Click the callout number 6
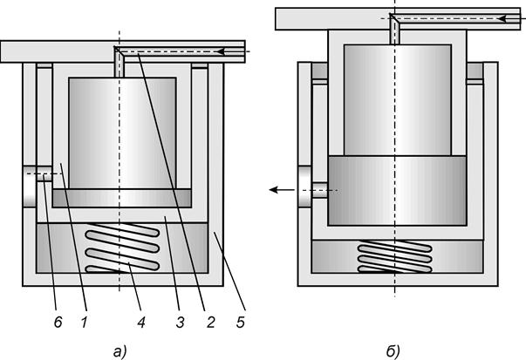(58, 323)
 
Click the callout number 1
(85, 323)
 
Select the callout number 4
(141, 323)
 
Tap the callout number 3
(181, 323)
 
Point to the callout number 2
(210, 323)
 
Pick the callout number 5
(241, 323)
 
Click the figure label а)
(120, 352)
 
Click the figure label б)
(393, 352)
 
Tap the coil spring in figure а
(122, 248)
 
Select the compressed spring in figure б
(395, 256)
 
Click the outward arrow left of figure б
(282, 190)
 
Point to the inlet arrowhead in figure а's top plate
(221, 51)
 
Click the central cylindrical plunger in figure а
(122, 133)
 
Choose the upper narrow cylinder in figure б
(398, 100)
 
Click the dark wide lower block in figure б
(397, 190)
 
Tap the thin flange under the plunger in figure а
(122, 198)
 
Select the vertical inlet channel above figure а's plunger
(120, 64)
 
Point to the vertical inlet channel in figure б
(395, 31)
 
